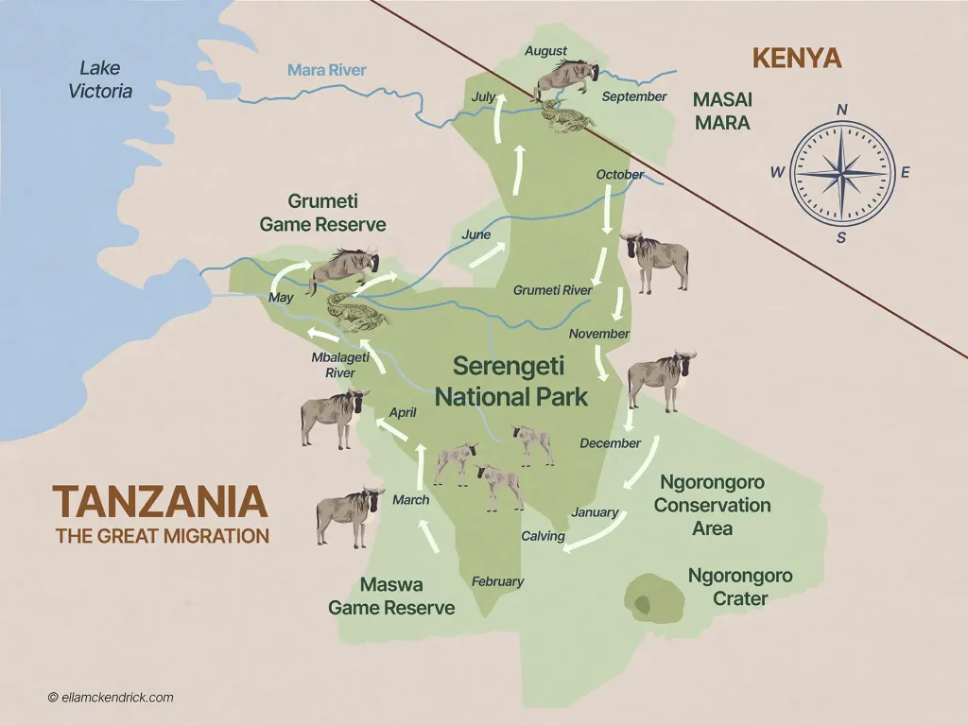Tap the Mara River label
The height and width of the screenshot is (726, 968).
click(x=326, y=70)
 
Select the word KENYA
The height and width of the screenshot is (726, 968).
click(x=796, y=59)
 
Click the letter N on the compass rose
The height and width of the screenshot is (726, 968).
click(x=841, y=110)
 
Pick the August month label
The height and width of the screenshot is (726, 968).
click(x=545, y=51)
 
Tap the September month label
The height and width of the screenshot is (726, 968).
click(x=633, y=96)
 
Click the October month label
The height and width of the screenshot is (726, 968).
click(x=620, y=174)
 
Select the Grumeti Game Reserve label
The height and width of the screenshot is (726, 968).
click(x=322, y=214)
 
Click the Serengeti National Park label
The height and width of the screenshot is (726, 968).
click(x=510, y=381)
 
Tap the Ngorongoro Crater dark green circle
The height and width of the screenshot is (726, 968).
click(x=653, y=598)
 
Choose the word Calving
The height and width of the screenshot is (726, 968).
click(x=544, y=536)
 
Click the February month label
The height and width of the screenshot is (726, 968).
click(x=497, y=581)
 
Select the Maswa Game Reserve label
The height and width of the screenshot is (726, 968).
click(x=391, y=596)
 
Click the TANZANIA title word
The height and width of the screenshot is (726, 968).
click(x=160, y=502)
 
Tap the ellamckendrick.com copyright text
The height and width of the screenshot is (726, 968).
click(x=110, y=698)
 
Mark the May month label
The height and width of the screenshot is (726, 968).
click(x=282, y=298)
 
